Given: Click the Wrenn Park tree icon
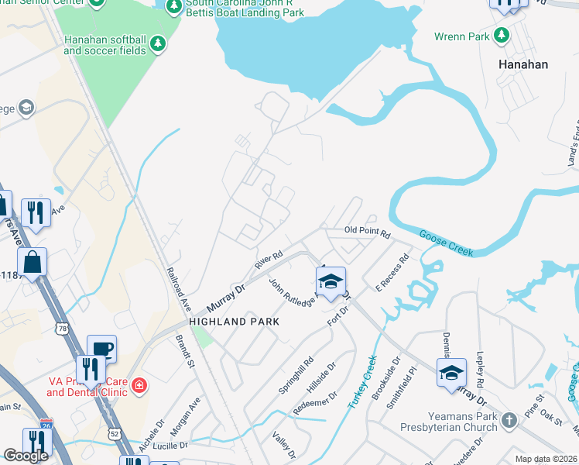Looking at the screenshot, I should click(x=502, y=36).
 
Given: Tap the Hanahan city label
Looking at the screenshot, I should click(x=523, y=64).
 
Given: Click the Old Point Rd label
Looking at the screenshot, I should click(x=368, y=231).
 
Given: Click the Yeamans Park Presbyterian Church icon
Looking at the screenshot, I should click(x=509, y=420).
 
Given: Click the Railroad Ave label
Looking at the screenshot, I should click(x=177, y=290).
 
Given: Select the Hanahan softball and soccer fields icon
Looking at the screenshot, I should click(x=158, y=43).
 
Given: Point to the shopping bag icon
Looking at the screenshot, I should click(x=33, y=263).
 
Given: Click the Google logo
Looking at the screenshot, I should click(x=26, y=456).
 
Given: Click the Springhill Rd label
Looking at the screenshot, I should click(x=297, y=374).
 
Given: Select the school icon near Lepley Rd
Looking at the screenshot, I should click(x=451, y=374).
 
